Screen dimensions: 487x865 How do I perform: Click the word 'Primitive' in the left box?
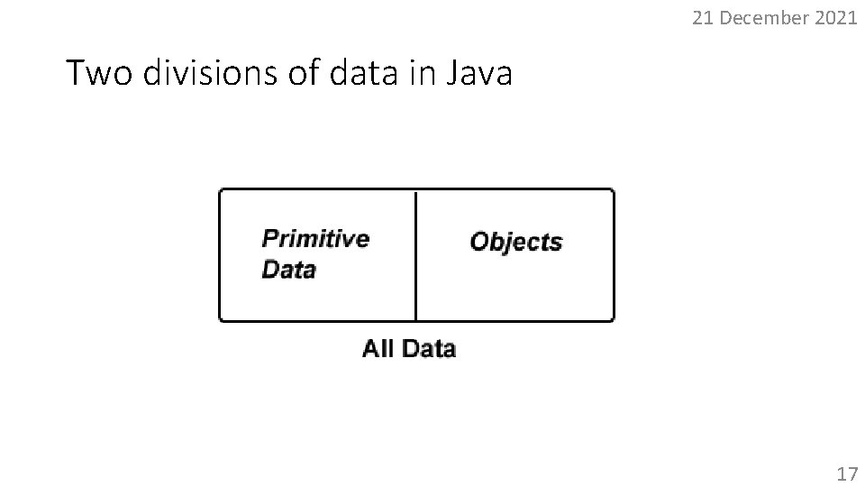[315, 239]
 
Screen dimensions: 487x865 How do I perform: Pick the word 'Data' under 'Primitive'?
[288, 270]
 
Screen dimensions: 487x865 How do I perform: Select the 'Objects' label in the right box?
[516, 242]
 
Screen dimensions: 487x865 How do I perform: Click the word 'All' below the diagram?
[378, 348]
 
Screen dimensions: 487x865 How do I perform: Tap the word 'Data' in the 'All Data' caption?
[429, 348]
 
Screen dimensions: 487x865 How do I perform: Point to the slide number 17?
[847, 473]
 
